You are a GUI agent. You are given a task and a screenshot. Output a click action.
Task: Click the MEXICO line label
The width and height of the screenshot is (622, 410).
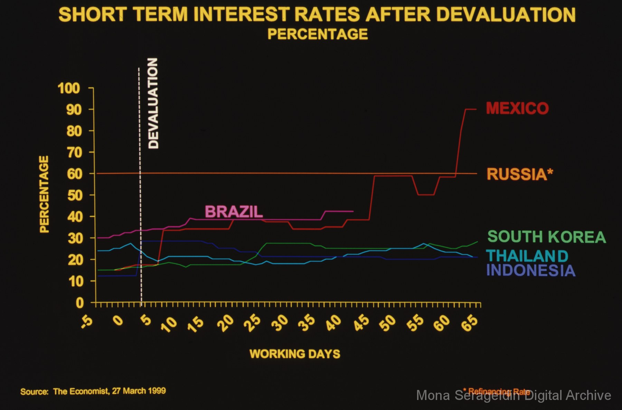click(x=517, y=108)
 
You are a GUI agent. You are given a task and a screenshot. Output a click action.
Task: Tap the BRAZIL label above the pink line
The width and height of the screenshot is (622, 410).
click(x=234, y=212)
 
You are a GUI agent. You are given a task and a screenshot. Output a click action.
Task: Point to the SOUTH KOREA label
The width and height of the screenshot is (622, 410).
click(x=546, y=237)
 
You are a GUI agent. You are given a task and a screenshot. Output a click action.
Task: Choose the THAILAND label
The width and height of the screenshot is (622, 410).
click(x=527, y=256)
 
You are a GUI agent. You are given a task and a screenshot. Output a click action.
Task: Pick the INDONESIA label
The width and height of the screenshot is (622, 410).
click(x=531, y=270)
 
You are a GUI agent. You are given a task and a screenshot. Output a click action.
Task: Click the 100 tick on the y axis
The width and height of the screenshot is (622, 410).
click(x=69, y=88)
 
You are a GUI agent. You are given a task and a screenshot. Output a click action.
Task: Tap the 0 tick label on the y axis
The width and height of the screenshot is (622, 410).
click(x=79, y=303)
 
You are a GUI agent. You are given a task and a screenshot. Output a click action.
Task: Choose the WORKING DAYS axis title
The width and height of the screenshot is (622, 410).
click(x=295, y=354)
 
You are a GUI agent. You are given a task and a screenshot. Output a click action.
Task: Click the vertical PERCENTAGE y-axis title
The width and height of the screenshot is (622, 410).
click(x=44, y=194)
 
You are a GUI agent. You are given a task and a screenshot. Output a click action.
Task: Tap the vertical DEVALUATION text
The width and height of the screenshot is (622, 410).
click(x=153, y=103)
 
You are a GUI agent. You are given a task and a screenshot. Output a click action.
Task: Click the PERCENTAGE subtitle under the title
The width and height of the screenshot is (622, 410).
click(x=318, y=34)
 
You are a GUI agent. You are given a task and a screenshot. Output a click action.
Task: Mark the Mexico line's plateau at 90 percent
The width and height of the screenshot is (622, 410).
click(x=471, y=109)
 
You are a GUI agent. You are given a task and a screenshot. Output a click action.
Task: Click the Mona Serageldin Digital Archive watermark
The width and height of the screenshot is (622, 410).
click(x=513, y=395)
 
